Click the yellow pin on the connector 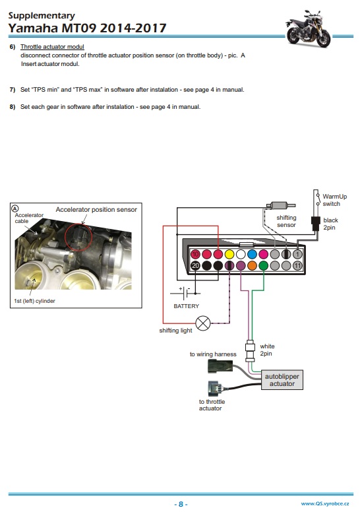click(x=229, y=254)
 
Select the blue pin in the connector click(x=252, y=254)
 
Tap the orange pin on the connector click(x=252, y=265)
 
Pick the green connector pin click(x=263, y=265)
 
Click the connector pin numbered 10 click(x=195, y=254)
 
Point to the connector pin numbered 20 click(x=195, y=265)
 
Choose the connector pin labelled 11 click(x=297, y=265)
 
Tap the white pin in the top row click(x=241, y=254)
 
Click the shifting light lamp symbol click(x=202, y=323)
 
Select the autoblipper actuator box click(x=282, y=380)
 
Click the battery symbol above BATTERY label click(x=185, y=293)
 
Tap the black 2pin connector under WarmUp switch click(x=316, y=224)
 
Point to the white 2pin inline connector click(x=250, y=350)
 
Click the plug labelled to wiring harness click(x=220, y=366)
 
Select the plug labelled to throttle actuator click(x=215, y=389)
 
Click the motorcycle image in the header click(x=308, y=29)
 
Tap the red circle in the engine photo click(x=78, y=238)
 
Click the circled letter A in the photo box click(x=15, y=208)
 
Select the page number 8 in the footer click(x=181, y=504)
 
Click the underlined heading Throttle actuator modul click(x=52, y=47)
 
